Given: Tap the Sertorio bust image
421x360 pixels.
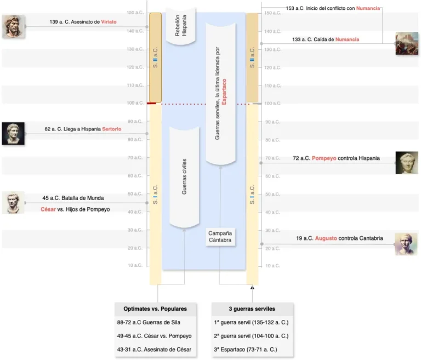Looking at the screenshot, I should [x=13, y=133].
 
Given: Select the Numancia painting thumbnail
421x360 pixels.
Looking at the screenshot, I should [x=407, y=44].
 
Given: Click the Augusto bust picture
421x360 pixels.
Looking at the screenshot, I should [x=406, y=244].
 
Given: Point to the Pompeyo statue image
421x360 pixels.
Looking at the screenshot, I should [x=407, y=163].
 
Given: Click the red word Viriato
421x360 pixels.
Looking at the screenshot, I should [x=109, y=22].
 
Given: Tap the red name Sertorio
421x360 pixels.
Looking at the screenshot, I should [x=111, y=129].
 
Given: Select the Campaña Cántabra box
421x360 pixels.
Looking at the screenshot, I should [x=220, y=237].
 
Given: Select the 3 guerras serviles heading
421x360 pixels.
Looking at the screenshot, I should [x=252, y=308].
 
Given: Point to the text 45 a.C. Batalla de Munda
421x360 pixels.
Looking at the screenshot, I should [x=73, y=198].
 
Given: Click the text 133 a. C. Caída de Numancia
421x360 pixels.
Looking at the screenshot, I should [x=326, y=39].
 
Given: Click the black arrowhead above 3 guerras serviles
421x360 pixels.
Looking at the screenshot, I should [x=253, y=287].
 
